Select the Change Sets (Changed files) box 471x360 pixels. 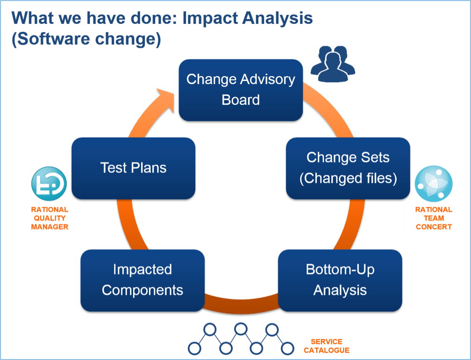348,168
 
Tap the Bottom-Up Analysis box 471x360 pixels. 340,280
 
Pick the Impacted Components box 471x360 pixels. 143,280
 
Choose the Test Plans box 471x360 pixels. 133,168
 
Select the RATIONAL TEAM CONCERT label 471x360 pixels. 434,218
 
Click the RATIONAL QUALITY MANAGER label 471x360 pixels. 50,218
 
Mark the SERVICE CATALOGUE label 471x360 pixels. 326,346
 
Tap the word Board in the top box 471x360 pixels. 241,100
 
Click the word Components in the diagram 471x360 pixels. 143,290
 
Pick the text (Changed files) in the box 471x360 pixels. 348,178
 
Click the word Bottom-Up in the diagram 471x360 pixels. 340,270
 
